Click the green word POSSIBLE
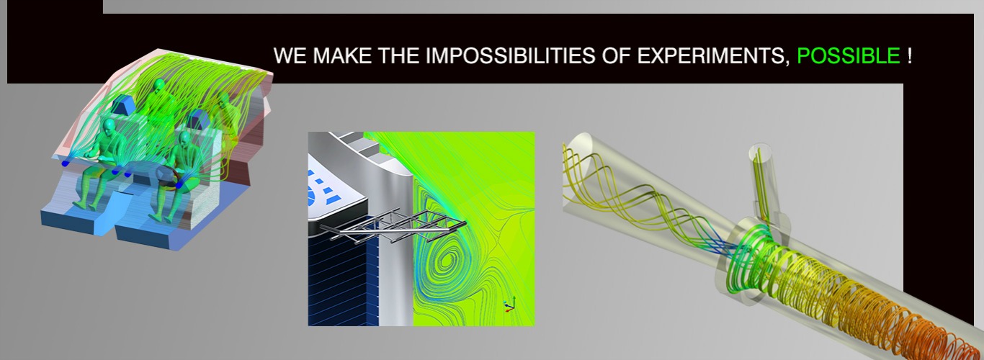(x=849, y=55)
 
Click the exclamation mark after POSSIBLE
(x=909, y=55)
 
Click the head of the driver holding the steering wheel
(x=184, y=139)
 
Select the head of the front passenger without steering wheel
(x=109, y=127)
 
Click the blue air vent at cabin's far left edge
(x=66, y=163)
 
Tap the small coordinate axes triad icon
(x=509, y=304)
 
